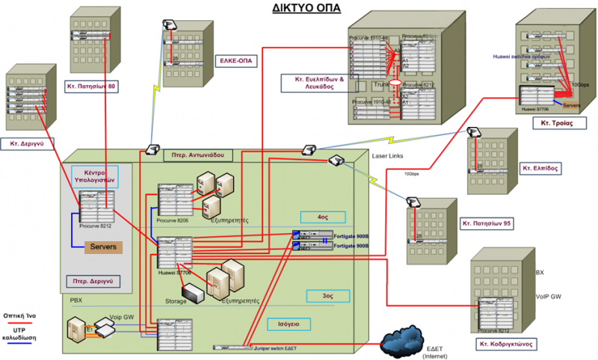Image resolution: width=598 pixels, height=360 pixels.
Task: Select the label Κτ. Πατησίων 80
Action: point(91,86)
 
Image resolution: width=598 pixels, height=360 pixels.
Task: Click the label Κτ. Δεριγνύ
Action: point(29,141)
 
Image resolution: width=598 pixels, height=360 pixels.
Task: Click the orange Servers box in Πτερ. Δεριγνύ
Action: point(104,247)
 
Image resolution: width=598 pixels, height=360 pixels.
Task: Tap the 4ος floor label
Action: point(322,217)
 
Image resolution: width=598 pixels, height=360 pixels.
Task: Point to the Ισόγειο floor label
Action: point(288,325)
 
